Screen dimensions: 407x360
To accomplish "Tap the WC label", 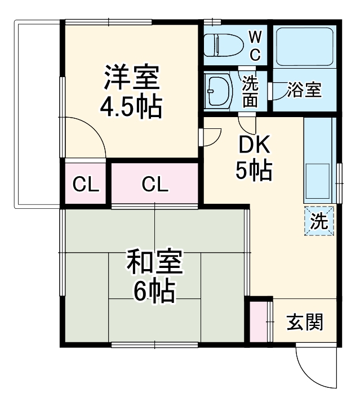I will tap(255, 46).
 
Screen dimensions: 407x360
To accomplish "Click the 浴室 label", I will tap(304, 90).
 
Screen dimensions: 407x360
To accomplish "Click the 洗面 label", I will tap(251, 91).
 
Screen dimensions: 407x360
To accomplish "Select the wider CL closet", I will tap(155, 184).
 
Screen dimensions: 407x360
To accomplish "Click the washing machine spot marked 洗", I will tap(319, 221).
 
